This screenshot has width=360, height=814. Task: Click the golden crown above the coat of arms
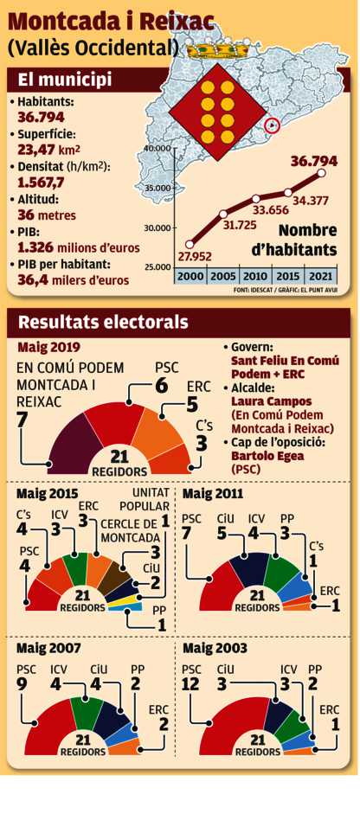[x=218, y=50]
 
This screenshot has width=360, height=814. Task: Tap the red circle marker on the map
[x=273, y=125]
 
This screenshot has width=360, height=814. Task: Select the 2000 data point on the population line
[x=190, y=244]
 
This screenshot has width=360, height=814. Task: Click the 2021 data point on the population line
[x=322, y=173]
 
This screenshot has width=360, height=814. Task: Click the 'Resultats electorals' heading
[x=103, y=322]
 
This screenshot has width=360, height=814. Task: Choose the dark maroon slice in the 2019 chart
[x=72, y=437]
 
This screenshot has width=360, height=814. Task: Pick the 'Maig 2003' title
[x=215, y=649]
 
